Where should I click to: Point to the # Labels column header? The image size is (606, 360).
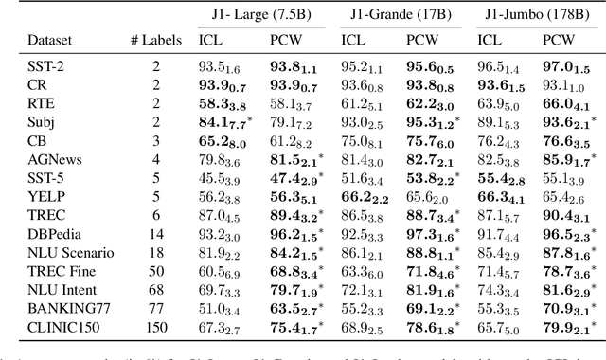[x=154, y=41]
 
